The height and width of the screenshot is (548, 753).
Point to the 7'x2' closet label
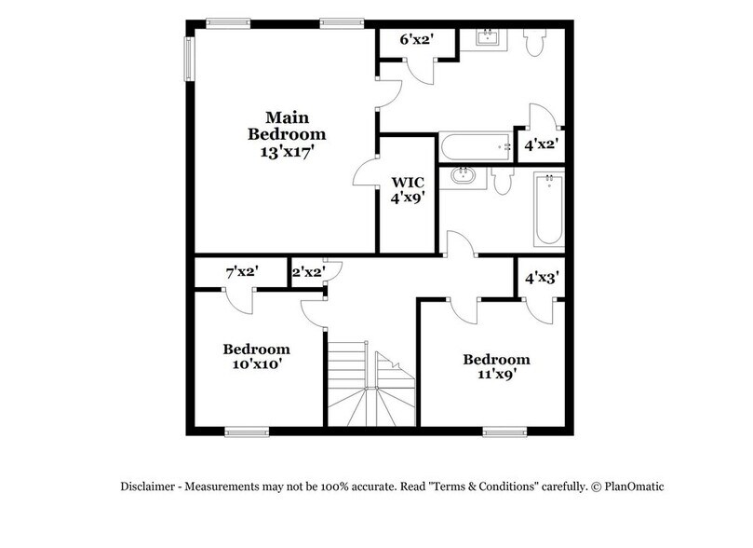(x=242, y=272)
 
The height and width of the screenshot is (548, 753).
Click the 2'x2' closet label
(x=308, y=272)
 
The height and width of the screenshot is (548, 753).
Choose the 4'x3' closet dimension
(x=542, y=278)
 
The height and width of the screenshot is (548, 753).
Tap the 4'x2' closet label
(x=542, y=145)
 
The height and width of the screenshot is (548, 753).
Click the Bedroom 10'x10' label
(x=256, y=357)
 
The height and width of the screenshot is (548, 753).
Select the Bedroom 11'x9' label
(x=496, y=366)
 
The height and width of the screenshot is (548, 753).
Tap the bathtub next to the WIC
(x=476, y=146)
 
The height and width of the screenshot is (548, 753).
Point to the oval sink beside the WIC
(x=462, y=176)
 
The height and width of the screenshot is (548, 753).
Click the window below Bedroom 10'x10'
(x=247, y=431)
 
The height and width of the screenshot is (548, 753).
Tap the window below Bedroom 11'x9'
(x=504, y=431)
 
